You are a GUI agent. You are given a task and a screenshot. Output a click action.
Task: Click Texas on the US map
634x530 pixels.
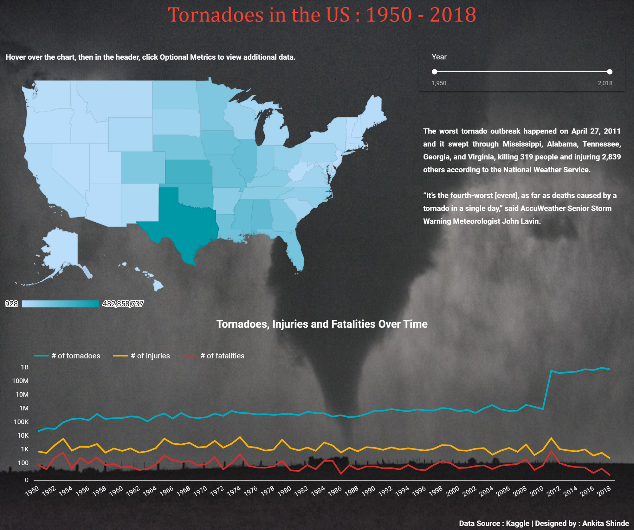(181, 225)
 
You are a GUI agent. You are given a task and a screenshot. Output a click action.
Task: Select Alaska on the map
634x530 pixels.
(60, 251)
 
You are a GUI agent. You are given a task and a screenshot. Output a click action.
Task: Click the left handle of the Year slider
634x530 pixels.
(435, 72)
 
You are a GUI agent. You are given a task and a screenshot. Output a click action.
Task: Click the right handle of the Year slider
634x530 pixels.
(610, 72)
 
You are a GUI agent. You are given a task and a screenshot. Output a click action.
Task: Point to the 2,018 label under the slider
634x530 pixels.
(605, 83)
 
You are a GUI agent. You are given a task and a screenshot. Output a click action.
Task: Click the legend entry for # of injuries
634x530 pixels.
(150, 356)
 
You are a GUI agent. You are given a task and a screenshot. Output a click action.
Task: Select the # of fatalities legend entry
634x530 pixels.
(222, 356)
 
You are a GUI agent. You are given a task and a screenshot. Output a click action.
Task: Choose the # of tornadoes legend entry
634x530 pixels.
(75, 356)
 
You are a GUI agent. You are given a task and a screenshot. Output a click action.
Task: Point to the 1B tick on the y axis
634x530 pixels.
(25, 367)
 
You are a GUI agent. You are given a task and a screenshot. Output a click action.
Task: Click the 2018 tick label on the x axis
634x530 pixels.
(604, 491)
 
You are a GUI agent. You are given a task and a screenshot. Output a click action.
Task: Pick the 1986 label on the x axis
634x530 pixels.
(335, 491)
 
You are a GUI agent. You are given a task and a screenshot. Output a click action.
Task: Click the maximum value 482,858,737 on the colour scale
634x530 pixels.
(123, 304)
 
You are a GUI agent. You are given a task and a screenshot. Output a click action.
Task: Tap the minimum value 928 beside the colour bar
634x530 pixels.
(11, 304)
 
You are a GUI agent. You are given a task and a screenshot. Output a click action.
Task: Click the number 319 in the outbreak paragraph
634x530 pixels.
(560, 157)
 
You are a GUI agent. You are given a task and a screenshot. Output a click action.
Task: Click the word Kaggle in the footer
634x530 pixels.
(517, 523)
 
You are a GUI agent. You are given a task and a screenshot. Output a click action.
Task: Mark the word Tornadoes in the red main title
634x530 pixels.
(215, 15)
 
